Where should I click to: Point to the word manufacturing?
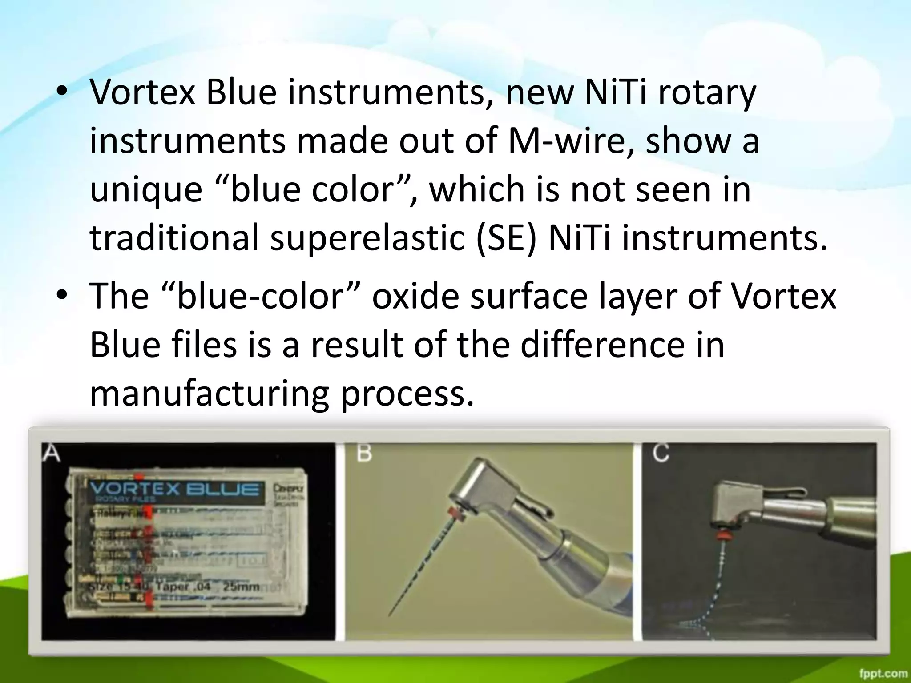point(209,394)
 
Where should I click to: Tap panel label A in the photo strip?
point(51,454)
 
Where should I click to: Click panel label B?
point(364,454)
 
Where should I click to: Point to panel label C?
point(661,454)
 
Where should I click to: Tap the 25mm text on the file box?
point(241,587)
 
